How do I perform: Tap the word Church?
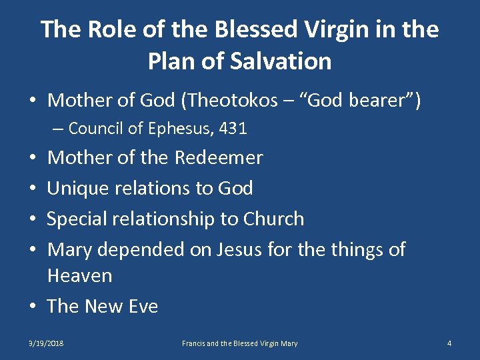point(273,219)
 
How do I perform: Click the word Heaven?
point(79,275)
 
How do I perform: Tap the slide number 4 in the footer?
point(449,343)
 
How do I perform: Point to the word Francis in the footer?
point(195,343)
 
